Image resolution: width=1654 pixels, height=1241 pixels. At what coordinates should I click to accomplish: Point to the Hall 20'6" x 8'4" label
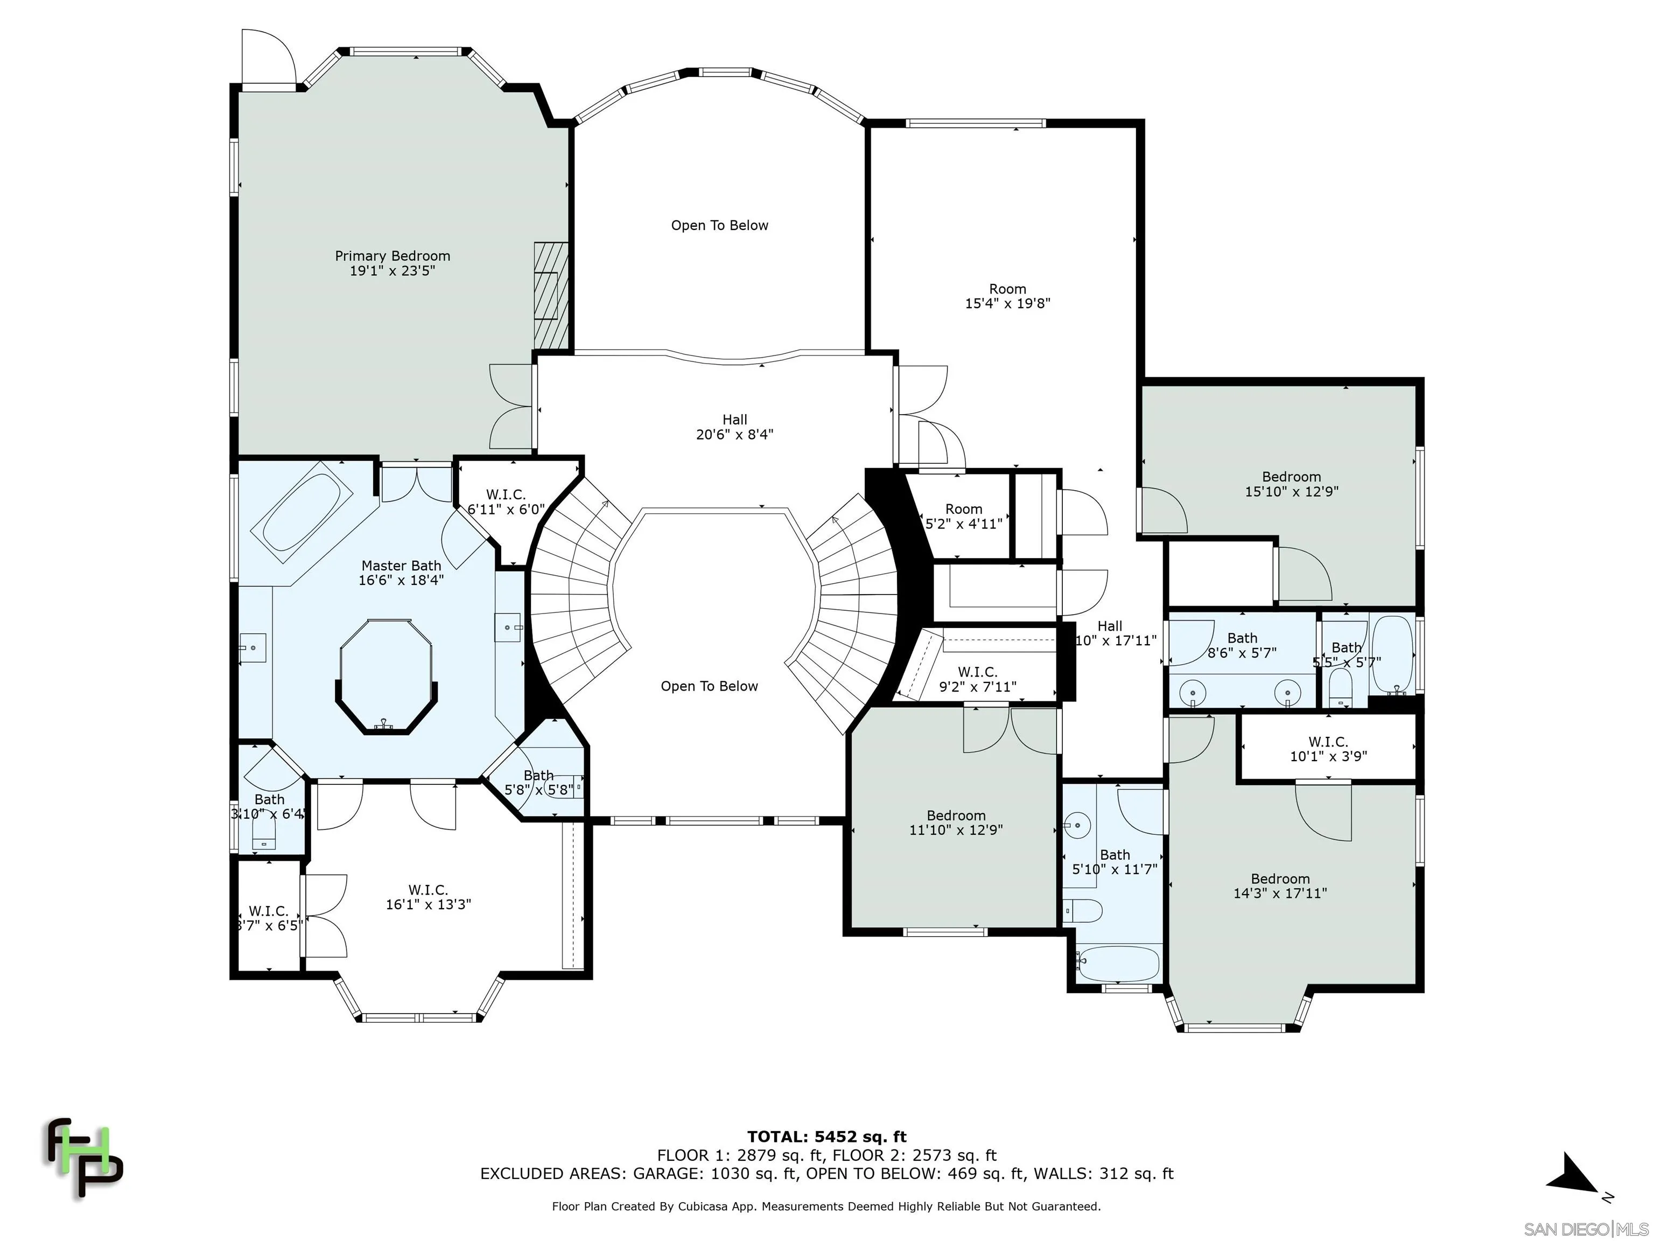point(734,427)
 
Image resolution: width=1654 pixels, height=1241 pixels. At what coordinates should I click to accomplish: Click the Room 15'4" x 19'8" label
point(1007,296)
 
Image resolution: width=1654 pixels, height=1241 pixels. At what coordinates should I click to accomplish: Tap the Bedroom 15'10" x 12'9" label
point(1291,484)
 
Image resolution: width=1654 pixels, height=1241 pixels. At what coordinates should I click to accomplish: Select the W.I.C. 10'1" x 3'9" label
point(1328,749)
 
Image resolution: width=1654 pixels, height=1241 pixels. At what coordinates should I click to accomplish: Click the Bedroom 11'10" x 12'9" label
point(956,822)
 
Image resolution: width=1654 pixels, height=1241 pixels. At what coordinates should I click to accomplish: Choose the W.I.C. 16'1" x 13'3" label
point(427,897)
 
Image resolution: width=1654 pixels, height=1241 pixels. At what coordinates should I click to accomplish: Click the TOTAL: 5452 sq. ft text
point(826,1138)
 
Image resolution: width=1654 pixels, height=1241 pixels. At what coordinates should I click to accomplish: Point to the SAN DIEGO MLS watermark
point(1585,1229)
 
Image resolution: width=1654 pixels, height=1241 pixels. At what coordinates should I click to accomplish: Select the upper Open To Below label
point(719,225)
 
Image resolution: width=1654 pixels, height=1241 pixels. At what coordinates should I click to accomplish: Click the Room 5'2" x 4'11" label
point(963,516)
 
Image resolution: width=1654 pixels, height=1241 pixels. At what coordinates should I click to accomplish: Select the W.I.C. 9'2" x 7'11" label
point(977,679)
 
